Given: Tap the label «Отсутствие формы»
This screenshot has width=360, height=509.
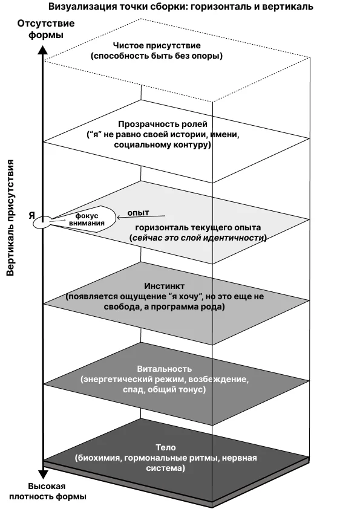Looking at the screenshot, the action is click(45, 29).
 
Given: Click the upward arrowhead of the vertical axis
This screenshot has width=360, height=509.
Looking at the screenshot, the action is click(43, 50).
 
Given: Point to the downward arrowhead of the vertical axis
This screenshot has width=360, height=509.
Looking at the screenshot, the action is click(43, 475).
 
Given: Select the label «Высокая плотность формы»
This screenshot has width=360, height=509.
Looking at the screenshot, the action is click(47, 491).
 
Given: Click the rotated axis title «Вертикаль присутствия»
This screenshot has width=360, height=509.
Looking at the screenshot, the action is click(11, 218).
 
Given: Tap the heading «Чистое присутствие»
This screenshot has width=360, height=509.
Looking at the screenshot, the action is click(157, 45).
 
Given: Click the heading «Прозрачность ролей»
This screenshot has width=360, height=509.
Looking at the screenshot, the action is click(163, 124).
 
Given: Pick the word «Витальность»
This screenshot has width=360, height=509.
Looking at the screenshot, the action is click(165, 369).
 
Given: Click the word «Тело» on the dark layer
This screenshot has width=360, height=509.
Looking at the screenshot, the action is click(166, 447).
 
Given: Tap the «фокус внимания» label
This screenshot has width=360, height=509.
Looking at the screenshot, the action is click(87, 219).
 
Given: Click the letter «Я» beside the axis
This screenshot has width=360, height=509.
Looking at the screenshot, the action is click(31, 215).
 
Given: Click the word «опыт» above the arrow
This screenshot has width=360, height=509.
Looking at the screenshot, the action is click(138, 213).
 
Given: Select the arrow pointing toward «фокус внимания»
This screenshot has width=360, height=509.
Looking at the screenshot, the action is click(141, 217).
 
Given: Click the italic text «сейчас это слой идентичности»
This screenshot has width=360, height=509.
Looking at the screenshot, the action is click(198, 238).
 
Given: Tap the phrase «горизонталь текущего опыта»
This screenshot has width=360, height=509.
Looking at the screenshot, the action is click(198, 227).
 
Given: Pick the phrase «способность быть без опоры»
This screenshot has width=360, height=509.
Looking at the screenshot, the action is click(157, 56).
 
